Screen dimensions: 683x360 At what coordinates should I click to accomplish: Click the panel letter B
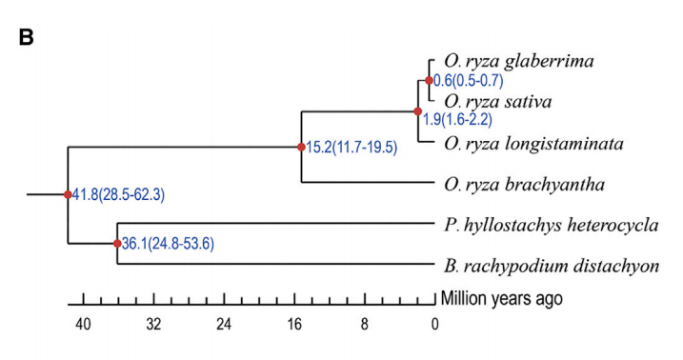coord(26,37)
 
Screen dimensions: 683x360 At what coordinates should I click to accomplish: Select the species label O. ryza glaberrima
coord(519,61)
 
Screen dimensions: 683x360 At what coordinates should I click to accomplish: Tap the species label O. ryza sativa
coord(498,102)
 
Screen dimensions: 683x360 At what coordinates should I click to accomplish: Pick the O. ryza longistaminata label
coord(534,144)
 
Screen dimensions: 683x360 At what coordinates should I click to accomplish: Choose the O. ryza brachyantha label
coord(525,185)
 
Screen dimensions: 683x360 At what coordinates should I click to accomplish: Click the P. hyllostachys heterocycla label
coord(552,226)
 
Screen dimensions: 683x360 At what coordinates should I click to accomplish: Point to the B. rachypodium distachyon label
coord(552,266)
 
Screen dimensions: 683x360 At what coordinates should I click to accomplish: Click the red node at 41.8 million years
coord(68,194)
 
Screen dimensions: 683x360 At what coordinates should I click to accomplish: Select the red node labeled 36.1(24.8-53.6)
coord(117,244)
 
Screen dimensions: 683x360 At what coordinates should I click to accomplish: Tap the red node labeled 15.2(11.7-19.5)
coord(301,147)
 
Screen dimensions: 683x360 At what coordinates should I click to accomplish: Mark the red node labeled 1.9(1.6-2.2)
coord(418,111)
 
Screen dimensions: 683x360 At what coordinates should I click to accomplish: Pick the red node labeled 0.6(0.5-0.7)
coord(429,81)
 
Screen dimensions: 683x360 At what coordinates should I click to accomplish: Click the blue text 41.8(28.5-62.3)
coord(118,194)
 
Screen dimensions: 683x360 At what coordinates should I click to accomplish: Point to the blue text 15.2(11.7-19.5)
coord(352,148)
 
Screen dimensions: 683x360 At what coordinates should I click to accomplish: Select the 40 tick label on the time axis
coord(83,325)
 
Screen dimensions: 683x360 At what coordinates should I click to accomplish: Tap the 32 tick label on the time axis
coord(153,325)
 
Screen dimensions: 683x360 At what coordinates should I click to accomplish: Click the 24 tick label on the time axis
coord(224,325)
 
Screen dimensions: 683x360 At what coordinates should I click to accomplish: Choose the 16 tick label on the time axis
coord(294,325)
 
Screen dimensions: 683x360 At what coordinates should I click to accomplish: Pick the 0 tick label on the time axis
coord(434,325)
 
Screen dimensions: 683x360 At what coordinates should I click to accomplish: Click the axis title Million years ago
coord(502,299)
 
